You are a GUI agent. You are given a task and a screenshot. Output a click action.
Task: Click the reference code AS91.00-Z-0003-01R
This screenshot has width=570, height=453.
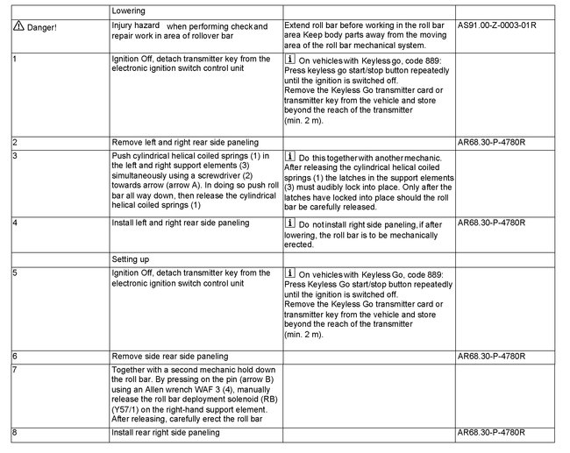point(497,26)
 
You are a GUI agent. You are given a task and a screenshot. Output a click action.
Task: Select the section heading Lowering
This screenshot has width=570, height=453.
point(131,11)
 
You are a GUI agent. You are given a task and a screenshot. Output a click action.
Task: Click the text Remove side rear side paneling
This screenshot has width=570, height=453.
point(172,357)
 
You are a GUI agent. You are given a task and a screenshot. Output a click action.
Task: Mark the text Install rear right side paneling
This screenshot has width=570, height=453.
point(166,433)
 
